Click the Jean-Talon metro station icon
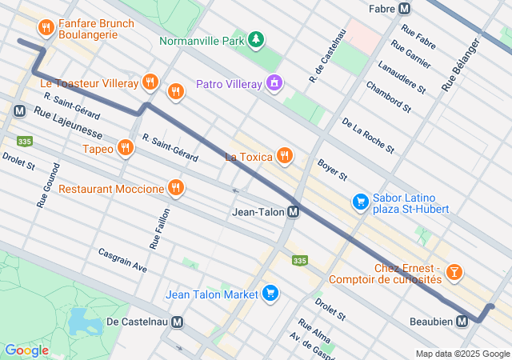[294, 212]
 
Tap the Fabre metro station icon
[405, 9]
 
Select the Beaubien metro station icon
[462, 322]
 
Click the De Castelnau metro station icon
[177, 322]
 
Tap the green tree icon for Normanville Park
[255, 39]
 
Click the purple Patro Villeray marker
[274, 83]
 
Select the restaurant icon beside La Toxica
[283, 156]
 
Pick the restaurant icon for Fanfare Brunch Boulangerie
[47, 30]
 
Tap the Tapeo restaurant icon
[125, 148]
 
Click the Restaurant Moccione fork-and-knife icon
[175, 189]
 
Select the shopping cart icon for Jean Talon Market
[270, 294]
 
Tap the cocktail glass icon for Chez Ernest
[454, 273]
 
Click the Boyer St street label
[332, 169]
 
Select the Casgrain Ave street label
[122, 258]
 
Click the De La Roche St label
[368, 135]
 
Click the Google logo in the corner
[26, 350]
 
